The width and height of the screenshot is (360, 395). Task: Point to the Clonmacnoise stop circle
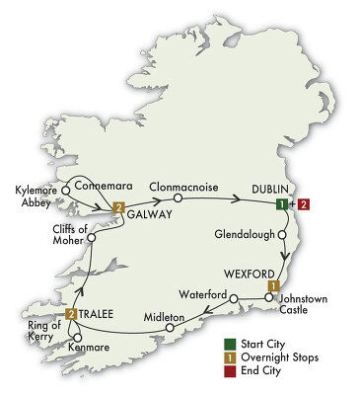[179, 198]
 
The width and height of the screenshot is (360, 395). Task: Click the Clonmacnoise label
[181, 184]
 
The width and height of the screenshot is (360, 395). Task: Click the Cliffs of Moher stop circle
[91, 238]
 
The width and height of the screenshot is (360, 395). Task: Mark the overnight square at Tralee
[71, 314]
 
